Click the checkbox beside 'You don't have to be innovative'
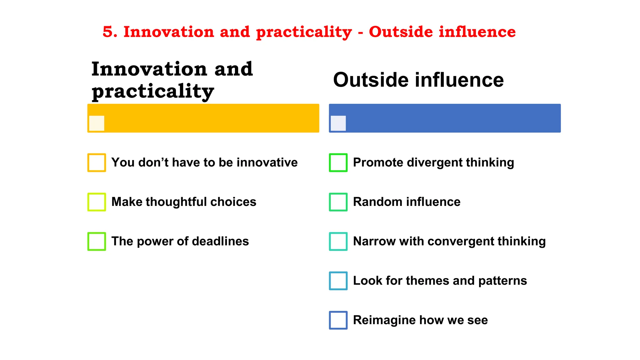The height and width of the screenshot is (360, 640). tap(97, 162)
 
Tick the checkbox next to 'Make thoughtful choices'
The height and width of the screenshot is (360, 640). tap(97, 202)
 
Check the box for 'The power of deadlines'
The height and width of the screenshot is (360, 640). tap(97, 241)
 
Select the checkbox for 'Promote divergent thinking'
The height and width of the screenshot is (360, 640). tap(338, 162)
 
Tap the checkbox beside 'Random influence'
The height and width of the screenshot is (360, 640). tap(338, 202)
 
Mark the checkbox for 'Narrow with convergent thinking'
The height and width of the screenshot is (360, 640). tap(338, 241)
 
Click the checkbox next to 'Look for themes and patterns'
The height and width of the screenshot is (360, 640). tap(338, 281)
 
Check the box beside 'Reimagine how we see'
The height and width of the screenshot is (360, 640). tap(338, 320)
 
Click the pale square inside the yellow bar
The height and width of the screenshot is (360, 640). tap(97, 123)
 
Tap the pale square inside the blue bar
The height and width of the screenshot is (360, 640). tap(338, 123)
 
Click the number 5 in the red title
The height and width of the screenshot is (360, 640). tap(107, 32)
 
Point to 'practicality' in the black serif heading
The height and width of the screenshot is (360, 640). tap(153, 91)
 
